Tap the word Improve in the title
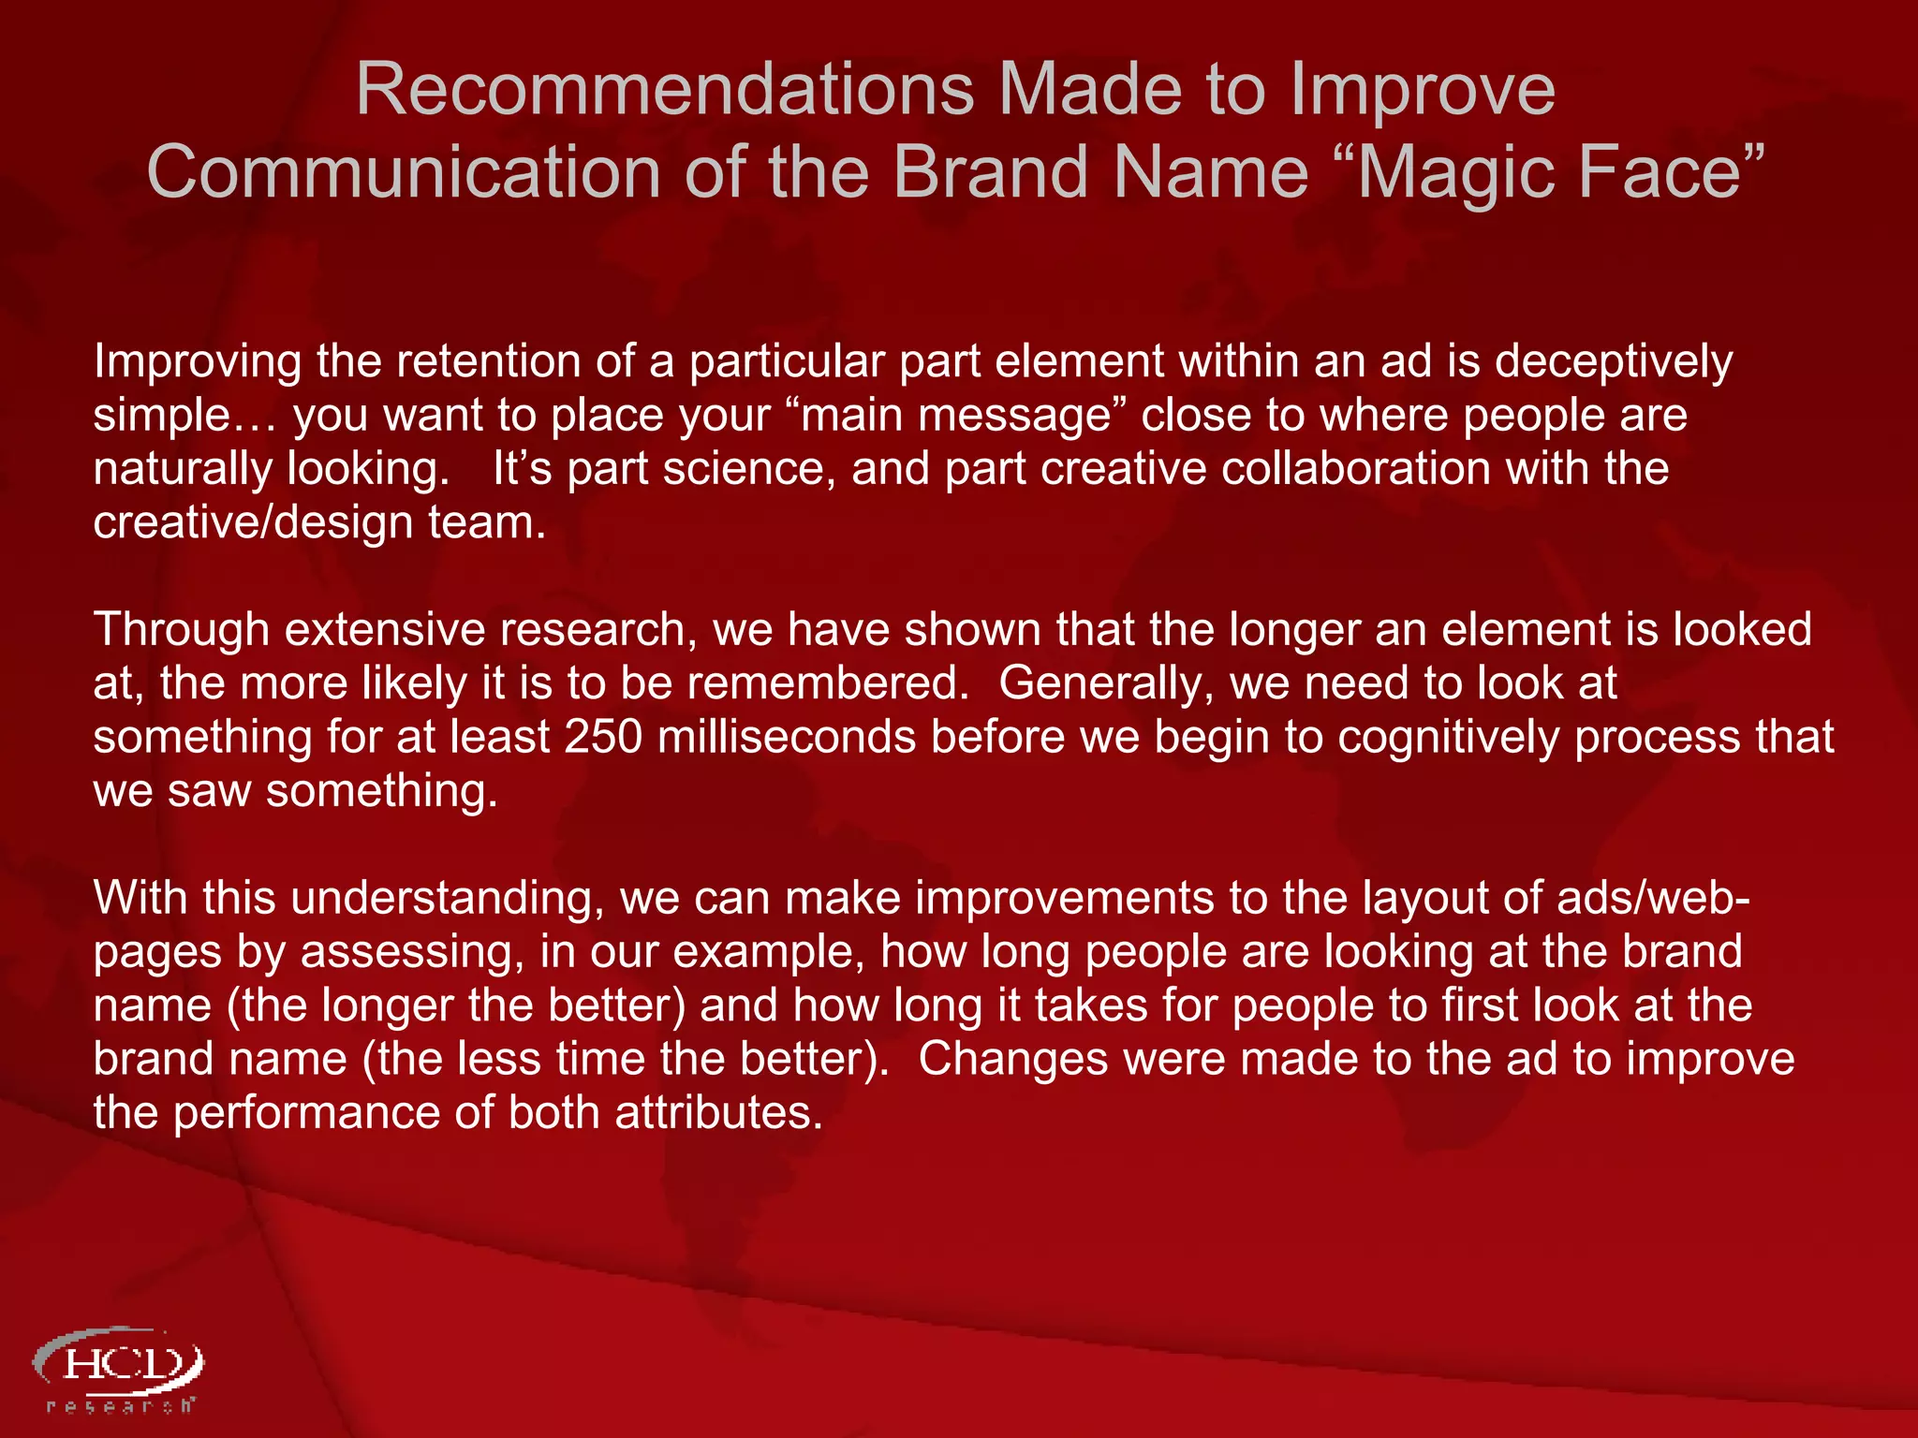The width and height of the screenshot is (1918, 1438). tap(1423, 90)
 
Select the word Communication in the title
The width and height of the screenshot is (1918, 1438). tap(404, 173)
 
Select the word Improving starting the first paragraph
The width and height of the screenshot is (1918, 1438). tap(198, 362)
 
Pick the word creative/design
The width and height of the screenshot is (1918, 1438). tap(253, 522)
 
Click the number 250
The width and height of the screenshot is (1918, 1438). tap(603, 737)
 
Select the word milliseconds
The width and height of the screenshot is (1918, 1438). tap(787, 737)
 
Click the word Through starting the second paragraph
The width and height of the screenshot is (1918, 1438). tap(181, 630)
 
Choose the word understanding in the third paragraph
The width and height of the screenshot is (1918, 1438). tap(448, 899)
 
